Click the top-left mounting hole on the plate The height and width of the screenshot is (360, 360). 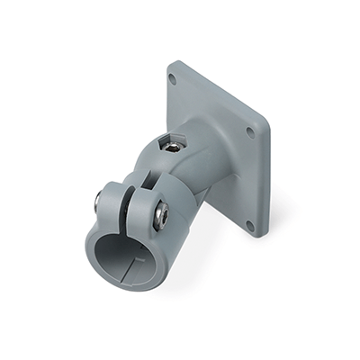173,79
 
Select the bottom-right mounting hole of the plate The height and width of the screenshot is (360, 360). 250,224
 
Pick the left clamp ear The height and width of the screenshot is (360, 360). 113,200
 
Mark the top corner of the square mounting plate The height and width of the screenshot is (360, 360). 176,63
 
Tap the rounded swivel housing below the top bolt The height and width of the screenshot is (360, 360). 180,175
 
